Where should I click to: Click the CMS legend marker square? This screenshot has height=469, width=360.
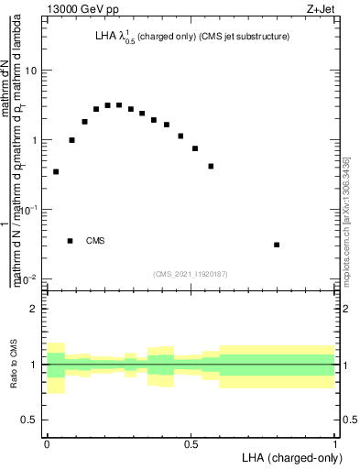click(x=71, y=241)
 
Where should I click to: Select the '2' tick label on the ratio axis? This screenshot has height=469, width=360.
click(x=34, y=309)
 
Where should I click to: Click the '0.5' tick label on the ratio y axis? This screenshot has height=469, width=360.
click(x=29, y=420)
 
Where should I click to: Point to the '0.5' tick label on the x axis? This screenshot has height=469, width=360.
click(x=191, y=444)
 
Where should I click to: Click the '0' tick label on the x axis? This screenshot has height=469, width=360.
click(x=47, y=444)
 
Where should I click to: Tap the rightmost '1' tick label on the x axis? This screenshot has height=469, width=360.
click(x=335, y=444)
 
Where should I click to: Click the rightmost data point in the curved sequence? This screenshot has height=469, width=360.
click(x=211, y=166)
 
